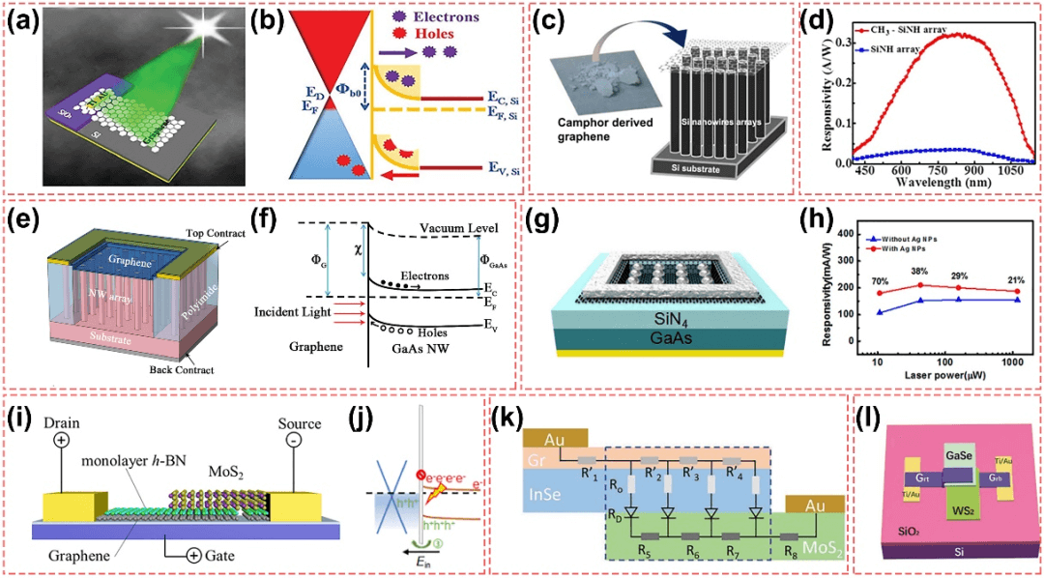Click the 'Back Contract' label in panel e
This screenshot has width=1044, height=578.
click(x=183, y=370)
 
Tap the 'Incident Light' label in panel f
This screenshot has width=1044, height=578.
click(x=291, y=314)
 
